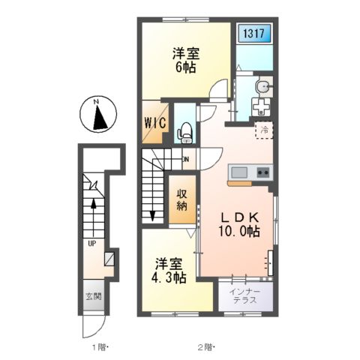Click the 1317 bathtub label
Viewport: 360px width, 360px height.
[253, 33]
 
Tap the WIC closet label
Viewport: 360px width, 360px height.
[155, 123]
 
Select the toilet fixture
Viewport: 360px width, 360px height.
[184, 133]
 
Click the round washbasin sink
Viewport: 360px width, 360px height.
[262, 87]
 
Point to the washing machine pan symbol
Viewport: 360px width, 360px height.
[261, 107]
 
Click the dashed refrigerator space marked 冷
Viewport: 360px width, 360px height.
[264, 130]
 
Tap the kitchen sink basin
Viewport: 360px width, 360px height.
[239, 172]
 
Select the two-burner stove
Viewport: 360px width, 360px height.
[263, 172]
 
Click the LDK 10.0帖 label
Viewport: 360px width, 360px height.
[239, 225]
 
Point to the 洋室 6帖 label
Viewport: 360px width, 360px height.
[186, 60]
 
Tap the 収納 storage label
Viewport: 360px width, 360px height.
[181, 199]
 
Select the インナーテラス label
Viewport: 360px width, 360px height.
[245, 296]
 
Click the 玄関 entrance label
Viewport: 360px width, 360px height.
[94, 297]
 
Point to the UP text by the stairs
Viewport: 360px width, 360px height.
[92, 243]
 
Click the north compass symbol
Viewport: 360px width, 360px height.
[98, 114]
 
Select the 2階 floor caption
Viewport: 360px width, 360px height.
[206, 347]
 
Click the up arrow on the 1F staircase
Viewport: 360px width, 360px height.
[94, 217]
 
